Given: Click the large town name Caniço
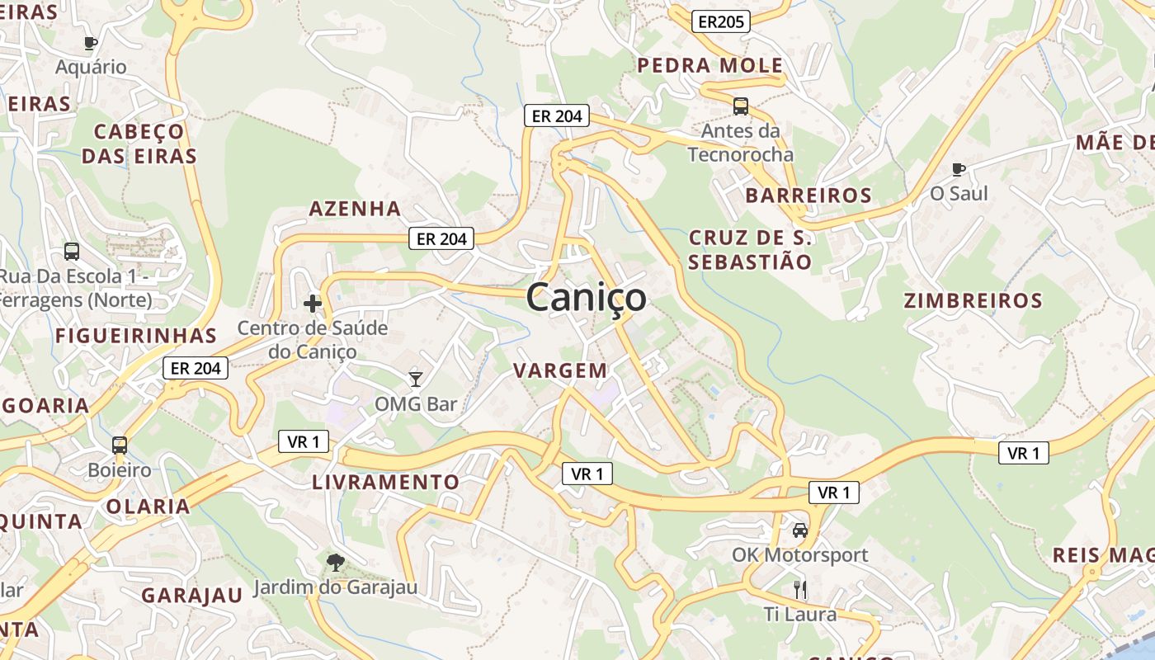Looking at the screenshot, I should point(586,297).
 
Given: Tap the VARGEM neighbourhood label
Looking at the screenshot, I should point(560,370).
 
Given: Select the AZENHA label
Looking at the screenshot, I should point(355,209).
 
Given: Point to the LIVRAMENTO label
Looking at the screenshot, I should point(385,482).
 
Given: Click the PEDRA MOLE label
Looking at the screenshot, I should point(710,65).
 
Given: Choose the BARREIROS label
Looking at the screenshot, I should point(808,196).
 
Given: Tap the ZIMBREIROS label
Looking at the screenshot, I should point(973,300).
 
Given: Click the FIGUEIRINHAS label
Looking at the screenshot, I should point(136,336).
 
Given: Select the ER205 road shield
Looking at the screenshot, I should point(720,22).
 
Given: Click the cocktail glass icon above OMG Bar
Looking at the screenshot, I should point(416,379).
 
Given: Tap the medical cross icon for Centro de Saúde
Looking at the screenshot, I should point(313,304).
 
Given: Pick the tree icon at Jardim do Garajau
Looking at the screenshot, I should point(335,563).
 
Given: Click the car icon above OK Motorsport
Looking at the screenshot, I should point(799,530).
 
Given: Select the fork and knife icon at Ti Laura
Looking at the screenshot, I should point(799,589).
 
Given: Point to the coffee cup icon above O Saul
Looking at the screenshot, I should point(958,169).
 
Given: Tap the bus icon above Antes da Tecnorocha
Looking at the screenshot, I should point(740,106).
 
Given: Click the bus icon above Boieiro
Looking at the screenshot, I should point(120,445).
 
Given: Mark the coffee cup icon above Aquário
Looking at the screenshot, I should point(91,43).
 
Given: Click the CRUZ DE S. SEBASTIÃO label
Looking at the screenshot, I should point(751,250).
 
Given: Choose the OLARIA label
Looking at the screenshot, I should point(148,506).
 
